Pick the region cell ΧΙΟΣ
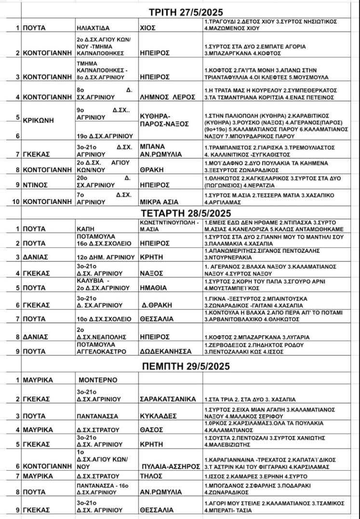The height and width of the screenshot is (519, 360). [148, 28]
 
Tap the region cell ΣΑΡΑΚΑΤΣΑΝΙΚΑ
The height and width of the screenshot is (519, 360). [167, 399]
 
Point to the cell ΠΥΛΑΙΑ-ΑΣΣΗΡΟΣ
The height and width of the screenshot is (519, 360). [169, 466]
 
